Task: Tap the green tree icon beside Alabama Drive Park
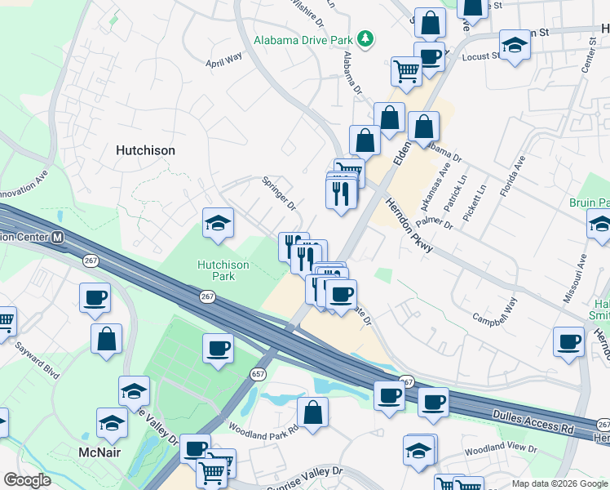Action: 367,38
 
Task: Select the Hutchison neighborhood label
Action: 145,150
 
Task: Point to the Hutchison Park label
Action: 223,270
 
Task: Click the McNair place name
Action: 100,452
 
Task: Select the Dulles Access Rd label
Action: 533,421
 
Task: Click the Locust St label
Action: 480,56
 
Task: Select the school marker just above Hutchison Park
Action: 219,222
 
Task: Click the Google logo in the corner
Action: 28,480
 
